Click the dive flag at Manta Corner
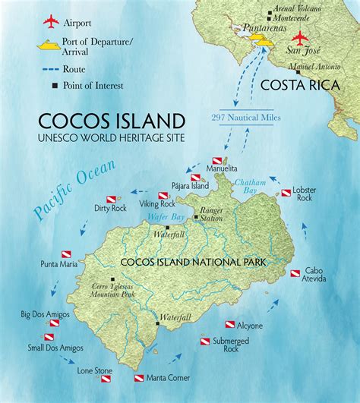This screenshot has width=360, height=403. (x=139, y=377)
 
